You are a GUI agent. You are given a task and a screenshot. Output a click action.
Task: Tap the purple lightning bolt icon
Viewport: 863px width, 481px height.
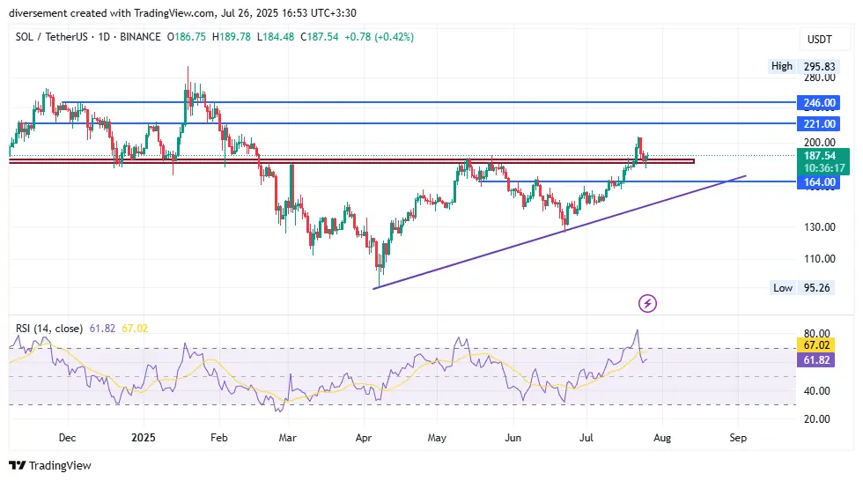coord(648,304)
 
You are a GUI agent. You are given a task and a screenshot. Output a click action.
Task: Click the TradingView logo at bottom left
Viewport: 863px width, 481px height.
coord(50,465)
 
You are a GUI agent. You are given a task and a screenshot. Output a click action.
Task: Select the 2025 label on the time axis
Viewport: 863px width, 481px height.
coord(143,437)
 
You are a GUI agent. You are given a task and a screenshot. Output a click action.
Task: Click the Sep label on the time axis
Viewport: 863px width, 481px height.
coord(738,437)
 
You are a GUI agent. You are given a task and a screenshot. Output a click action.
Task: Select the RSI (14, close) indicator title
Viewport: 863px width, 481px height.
coord(48,329)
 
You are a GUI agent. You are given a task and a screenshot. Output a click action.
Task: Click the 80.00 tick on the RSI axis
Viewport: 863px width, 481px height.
coord(818,334)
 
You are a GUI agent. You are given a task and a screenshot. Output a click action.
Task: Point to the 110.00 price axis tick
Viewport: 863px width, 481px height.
coord(818,259)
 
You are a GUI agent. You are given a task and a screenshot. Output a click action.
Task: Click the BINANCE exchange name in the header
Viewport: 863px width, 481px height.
coord(140,37)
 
